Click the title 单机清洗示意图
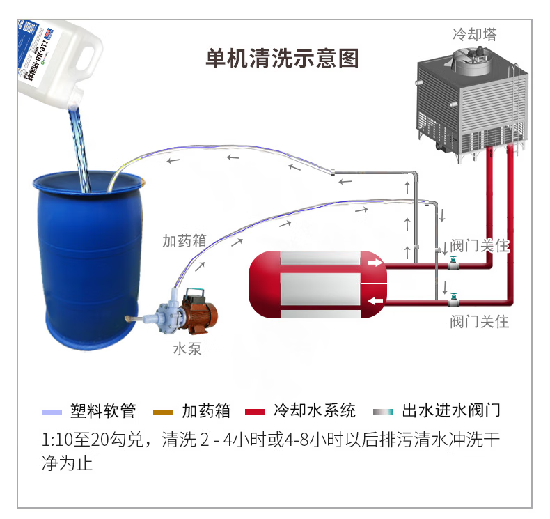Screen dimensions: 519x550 pyautogui.click(x=282, y=59)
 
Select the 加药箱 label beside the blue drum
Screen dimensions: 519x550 pyautogui.click(x=184, y=240)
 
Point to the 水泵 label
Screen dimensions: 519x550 pyautogui.click(x=187, y=349)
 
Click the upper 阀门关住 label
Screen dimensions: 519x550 pyautogui.click(x=480, y=245)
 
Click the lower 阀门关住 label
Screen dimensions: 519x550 pyautogui.click(x=480, y=322)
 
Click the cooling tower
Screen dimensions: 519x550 pyautogui.click(x=471, y=104)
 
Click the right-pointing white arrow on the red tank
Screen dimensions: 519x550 pyautogui.click(x=375, y=263)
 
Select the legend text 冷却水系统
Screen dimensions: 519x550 pyautogui.click(x=314, y=410)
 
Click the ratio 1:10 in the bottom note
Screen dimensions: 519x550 pyautogui.click(x=57, y=441)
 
